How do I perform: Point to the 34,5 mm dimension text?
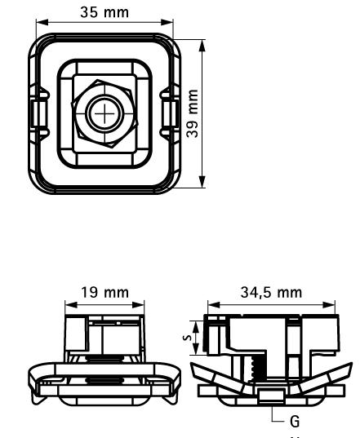(x=271, y=291)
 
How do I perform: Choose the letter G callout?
(x=295, y=421)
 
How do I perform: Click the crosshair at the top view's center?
(x=104, y=112)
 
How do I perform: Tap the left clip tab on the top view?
(x=35, y=112)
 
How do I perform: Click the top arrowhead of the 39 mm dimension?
(x=202, y=42)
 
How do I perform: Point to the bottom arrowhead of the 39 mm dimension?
(x=202, y=183)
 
